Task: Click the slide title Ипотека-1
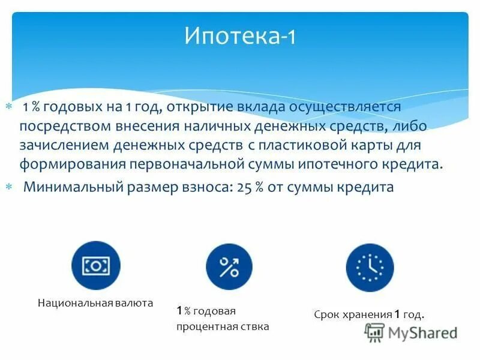240,38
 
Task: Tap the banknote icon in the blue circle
95,266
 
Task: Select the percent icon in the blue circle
229,267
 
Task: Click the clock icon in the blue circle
370,268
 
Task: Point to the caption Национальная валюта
95,304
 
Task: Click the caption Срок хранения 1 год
369,314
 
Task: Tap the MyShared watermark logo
412,332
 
